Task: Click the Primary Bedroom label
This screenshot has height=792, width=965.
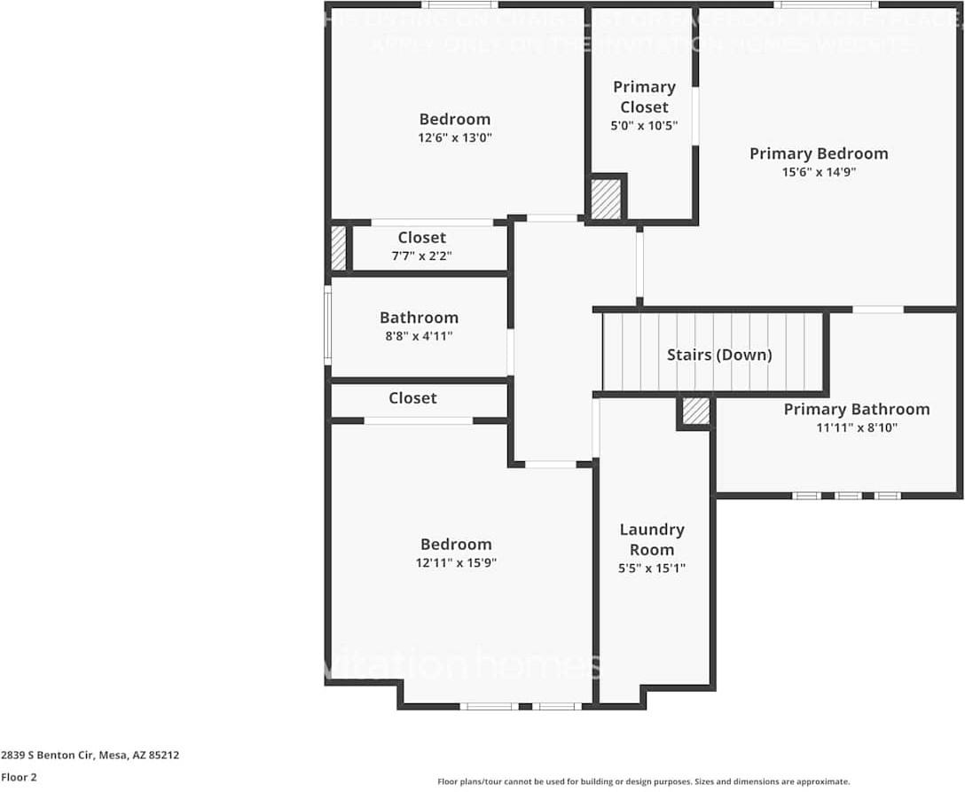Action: [x=818, y=153]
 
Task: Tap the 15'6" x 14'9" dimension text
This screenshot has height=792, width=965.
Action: [x=818, y=173]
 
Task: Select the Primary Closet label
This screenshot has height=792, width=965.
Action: [x=644, y=97]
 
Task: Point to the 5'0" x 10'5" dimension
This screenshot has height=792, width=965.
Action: [x=644, y=126]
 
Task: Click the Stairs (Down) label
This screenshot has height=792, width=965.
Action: [x=719, y=355]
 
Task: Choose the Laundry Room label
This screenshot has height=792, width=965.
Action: [x=651, y=539]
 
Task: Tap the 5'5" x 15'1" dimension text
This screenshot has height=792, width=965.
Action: [x=651, y=569]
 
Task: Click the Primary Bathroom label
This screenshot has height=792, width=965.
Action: [x=856, y=409]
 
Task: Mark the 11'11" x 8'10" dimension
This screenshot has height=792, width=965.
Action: [x=856, y=427]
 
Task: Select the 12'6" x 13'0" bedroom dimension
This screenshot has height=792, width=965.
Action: [x=455, y=137]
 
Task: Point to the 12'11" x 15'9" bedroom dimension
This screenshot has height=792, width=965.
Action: [x=456, y=563]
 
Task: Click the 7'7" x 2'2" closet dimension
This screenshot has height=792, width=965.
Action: [x=422, y=256]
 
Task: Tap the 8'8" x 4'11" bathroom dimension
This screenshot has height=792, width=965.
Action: [x=419, y=336]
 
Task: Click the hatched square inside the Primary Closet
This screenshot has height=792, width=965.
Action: [x=606, y=200]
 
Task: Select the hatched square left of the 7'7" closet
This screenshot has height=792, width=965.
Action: [x=338, y=248]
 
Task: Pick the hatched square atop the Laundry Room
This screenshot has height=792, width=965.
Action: [x=696, y=412]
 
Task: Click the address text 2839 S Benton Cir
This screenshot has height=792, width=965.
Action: [x=90, y=756]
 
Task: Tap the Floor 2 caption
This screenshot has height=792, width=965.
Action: [x=19, y=777]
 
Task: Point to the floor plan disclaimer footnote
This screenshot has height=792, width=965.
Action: [x=643, y=781]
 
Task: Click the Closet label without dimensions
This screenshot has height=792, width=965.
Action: [x=412, y=398]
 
